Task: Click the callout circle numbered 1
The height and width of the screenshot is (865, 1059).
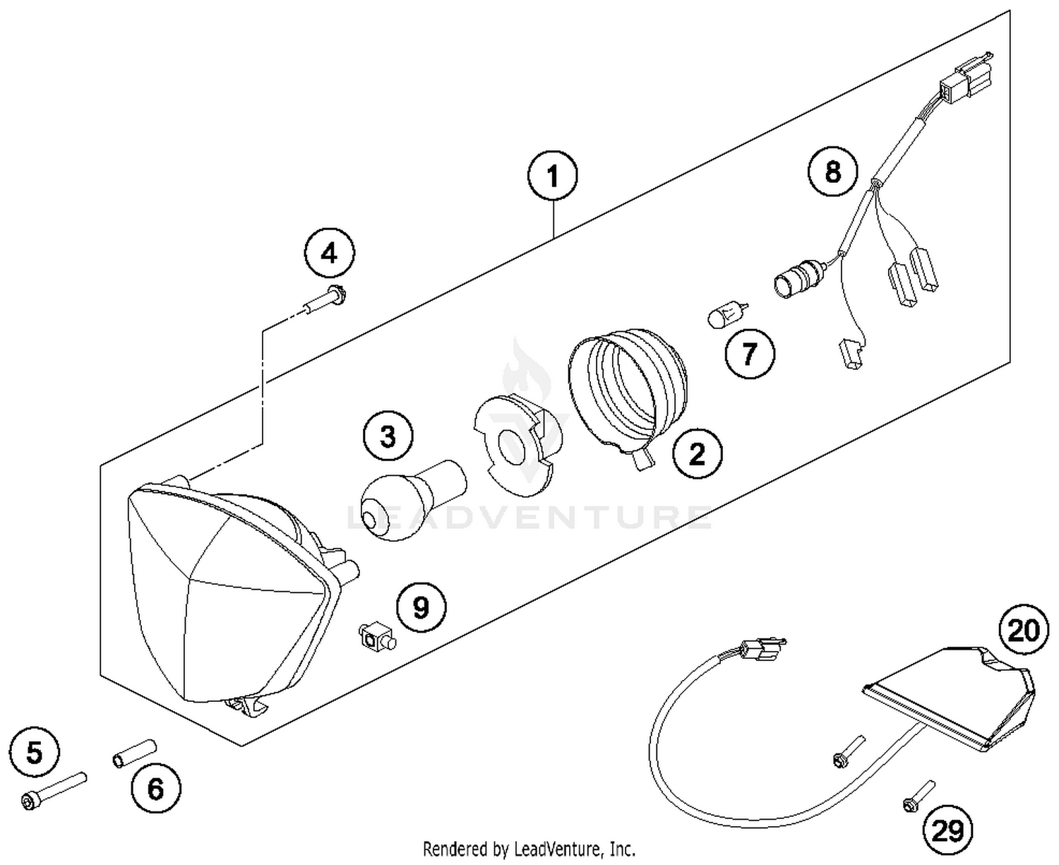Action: pos(552,176)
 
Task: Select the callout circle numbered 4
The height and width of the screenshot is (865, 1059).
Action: pos(329,253)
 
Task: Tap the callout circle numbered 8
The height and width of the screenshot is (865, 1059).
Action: pos(833,171)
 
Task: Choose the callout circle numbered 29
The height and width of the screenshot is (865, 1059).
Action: pos(947,831)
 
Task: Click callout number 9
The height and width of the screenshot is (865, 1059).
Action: pos(421,607)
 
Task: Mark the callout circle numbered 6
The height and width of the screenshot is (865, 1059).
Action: pos(155,787)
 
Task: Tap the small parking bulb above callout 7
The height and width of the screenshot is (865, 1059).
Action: pos(721,315)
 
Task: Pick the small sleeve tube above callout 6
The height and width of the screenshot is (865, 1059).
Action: pos(133,751)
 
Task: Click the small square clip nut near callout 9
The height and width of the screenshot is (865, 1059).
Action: pos(376,636)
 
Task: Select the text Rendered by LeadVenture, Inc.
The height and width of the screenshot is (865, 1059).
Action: pos(529,848)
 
